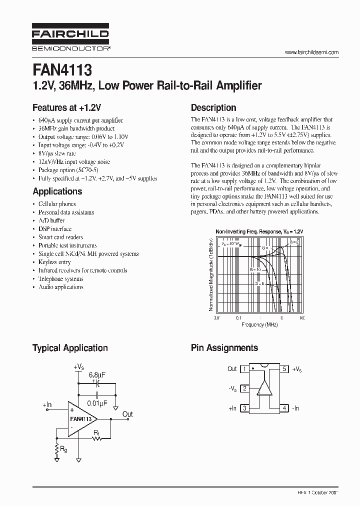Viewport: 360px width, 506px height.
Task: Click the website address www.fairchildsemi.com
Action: click(x=311, y=52)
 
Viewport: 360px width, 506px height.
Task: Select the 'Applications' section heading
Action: click(x=57, y=191)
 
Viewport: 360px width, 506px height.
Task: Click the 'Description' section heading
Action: click(x=213, y=107)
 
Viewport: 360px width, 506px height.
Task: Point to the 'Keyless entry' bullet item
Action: click(x=54, y=262)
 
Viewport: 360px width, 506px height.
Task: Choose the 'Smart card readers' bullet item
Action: click(x=60, y=237)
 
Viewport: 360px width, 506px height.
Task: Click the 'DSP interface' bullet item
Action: click(x=55, y=229)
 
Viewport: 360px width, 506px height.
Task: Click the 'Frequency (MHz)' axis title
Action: click(x=259, y=324)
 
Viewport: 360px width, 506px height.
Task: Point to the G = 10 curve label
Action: click(x=255, y=269)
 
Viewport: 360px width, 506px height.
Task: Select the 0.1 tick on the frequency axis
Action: click(x=238, y=317)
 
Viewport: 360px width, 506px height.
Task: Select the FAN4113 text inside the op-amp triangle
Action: click(x=80, y=418)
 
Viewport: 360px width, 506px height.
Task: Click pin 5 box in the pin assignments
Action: click(x=284, y=369)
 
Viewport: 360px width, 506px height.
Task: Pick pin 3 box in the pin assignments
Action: click(x=244, y=408)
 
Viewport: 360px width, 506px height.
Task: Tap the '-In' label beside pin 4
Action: click(x=296, y=408)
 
